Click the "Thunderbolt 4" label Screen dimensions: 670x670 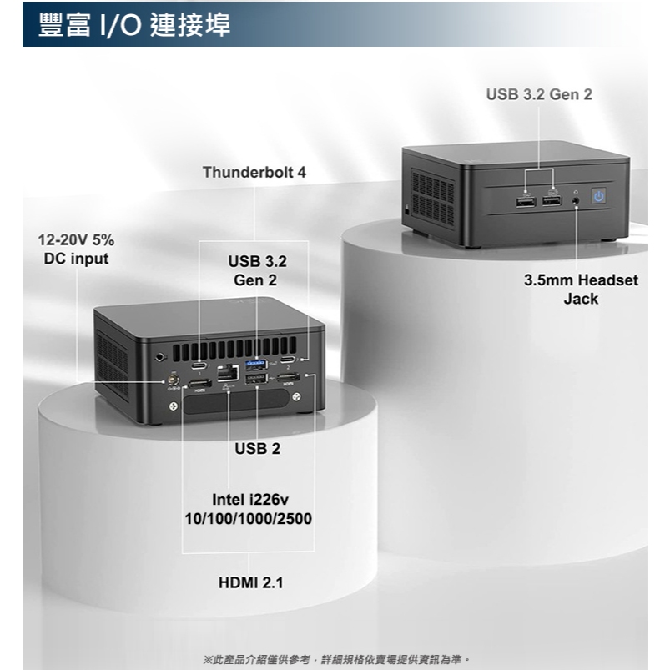(254, 173)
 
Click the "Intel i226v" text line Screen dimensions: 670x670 (249, 501)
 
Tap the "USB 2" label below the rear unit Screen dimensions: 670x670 (258, 449)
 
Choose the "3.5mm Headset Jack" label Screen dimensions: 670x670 (581, 290)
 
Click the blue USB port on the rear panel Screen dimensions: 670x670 (257, 364)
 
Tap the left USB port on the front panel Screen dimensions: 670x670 (525, 201)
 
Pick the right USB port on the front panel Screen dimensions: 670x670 (552, 200)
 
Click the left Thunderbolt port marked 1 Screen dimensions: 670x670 (200, 365)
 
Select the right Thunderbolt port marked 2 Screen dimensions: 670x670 (289, 360)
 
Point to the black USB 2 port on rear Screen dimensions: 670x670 (257, 380)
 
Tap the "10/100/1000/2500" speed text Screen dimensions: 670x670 (248, 520)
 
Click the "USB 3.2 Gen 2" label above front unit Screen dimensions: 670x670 (539, 95)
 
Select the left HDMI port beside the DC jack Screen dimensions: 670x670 (199, 384)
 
